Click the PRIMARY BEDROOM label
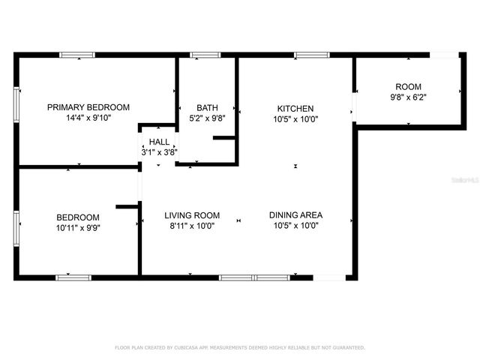pos(88,107)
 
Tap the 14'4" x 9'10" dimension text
pos(88,118)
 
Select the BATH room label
pos(207,107)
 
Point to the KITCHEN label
pos(295,108)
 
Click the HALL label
pos(159,142)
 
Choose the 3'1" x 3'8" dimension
pos(159,151)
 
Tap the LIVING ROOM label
pos(192,215)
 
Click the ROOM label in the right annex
pos(409,86)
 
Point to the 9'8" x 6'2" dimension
pos(409,97)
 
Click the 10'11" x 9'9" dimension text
pos(77,227)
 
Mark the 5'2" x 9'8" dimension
pos(207,118)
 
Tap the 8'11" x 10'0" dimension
pos(192,226)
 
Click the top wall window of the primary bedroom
pos(77,55)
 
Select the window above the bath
pos(201,55)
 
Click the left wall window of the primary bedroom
pos(16,100)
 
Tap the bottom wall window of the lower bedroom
pos(73,277)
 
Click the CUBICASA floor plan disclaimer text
pos(240,347)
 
